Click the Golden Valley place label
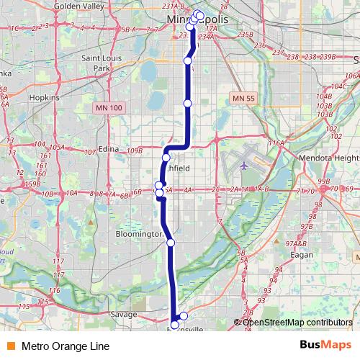click(78, 6)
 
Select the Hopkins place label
click(44, 96)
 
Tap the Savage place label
click(123, 314)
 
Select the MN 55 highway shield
click(244, 97)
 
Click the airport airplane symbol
click(244, 165)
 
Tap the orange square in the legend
click(9, 346)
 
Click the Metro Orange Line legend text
click(65, 346)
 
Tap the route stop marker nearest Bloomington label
click(171, 242)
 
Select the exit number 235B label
click(245, 34)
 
